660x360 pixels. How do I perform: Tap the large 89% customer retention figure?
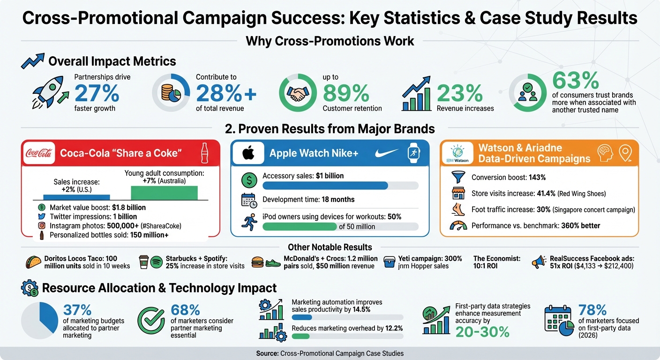346,93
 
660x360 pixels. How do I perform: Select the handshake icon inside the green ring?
297,94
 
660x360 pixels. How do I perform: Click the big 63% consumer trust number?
576,80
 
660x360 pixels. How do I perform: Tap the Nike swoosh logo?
387,153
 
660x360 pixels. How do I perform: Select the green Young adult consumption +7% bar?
164,192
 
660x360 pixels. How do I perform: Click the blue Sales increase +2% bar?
76,197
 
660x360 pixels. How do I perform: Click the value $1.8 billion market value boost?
129,208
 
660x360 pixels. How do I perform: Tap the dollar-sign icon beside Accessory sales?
248,179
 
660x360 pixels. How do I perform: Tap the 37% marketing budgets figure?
77,310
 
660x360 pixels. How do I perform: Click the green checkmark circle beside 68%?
150,320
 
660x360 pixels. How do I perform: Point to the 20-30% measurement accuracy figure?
482,332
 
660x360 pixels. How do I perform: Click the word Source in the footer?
267,353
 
